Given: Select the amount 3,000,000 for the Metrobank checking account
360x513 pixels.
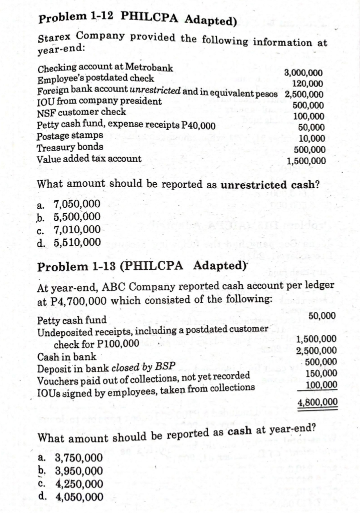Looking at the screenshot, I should click(x=304, y=73).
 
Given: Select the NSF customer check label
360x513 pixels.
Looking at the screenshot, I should click(x=82, y=113).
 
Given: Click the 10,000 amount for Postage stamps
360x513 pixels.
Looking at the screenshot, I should click(x=311, y=139).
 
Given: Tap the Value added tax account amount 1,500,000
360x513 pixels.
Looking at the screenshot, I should click(x=306, y=161).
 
